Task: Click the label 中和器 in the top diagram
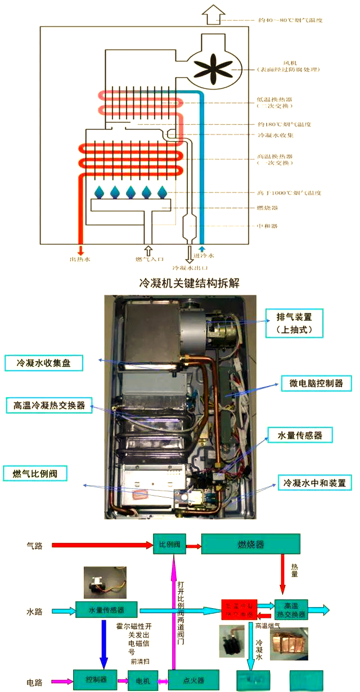coord(267,226)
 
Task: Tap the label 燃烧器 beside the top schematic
coord(267,208)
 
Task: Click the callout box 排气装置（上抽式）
coord(294,323)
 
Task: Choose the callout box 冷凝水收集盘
coord(43,363)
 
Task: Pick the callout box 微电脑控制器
coord(316,384)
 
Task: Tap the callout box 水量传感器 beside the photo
coord(300,435)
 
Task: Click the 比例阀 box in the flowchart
coord(169,545)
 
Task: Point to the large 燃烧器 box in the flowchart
coord(250,545)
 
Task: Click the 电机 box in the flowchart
coord(143,681)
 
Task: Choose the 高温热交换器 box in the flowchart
coord(291,610)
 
